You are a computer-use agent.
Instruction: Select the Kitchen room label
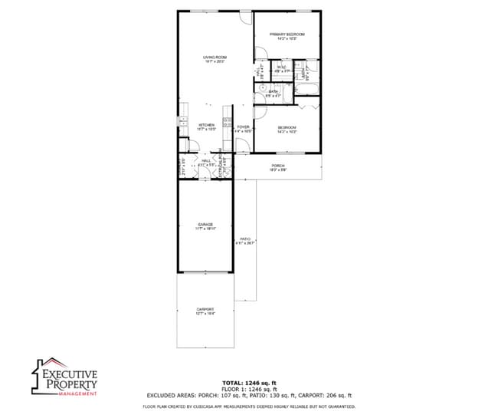[207, 125]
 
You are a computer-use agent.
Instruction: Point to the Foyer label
[243, 127]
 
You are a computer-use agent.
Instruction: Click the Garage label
[205, 225]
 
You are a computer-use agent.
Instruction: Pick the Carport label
[205, 310]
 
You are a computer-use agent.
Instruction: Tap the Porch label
[277, 166]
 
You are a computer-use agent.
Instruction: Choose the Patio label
[245, 240]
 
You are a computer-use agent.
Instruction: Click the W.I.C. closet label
[281, 68]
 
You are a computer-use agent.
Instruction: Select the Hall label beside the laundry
[206, 161]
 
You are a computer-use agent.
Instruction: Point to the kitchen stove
[228, 121]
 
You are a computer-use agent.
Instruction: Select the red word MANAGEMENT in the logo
[79, 394]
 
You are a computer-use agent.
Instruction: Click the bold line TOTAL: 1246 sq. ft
[250, 381]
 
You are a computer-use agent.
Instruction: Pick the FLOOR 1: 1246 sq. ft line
[250, 388]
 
